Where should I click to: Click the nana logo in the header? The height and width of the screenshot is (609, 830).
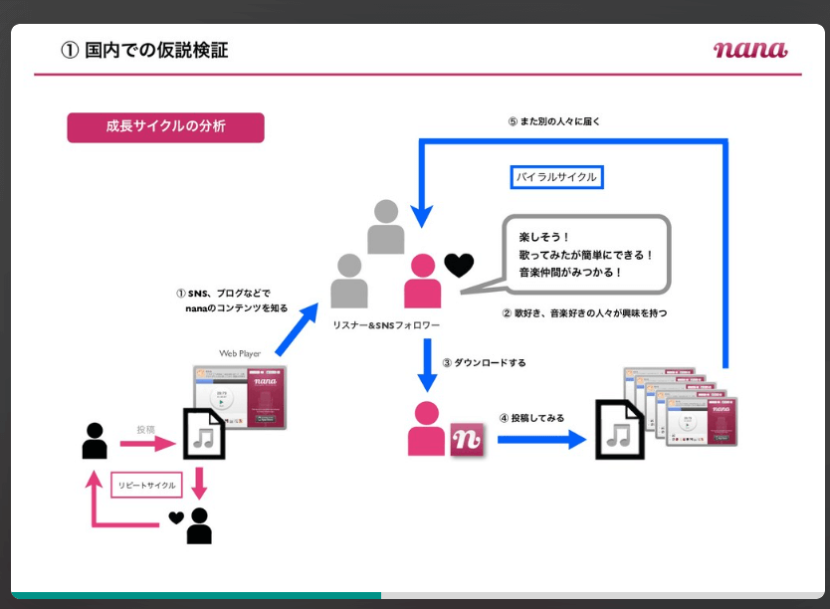pyautogui.click(x=749, y=49)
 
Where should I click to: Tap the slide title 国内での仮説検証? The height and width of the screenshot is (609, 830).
pyautogui.click(x=145, y=50)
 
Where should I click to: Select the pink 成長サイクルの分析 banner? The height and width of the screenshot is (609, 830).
pyautogui.click(x=165, y=127)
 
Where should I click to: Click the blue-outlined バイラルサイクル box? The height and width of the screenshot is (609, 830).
pyautogui.click(x=557, y=177)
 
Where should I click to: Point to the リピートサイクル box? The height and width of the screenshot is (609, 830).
pyautogui.click(x=146, y=486)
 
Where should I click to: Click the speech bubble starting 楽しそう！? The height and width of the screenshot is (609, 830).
pyautogui.click(x=584, y=256)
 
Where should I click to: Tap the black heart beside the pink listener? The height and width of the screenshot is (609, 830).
pyautogui.click(x=459, y=266)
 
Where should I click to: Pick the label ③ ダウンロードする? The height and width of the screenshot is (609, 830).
pyautogui.click(x=484, y=362)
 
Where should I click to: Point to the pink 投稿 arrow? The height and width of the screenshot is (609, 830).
pyautogui.click(x=145, y=442)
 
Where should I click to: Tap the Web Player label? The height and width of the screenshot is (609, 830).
pyautogui.click(x=239, y=353)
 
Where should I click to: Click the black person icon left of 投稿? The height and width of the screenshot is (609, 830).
pyautogui.click(x=95, y=441)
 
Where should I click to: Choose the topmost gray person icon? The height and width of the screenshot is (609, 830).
pyautogui.click(x=386, y=227)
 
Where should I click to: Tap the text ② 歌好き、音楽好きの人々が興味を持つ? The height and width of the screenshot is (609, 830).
pyautogui.click(x=583, y=312)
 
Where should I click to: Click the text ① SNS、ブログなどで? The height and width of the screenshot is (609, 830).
pyautogui.click(x=222, y=294)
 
